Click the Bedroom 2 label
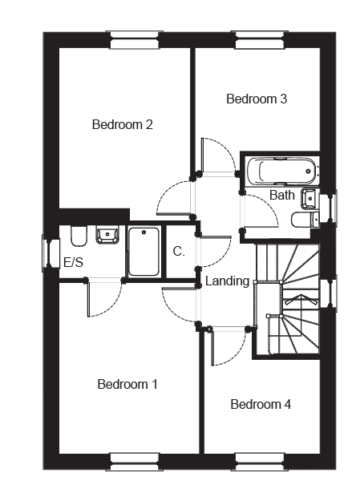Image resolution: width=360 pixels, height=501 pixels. tap(122, 124)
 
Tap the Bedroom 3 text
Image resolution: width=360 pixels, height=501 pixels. tap(257, 99)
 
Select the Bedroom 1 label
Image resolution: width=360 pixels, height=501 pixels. tap(127, 384)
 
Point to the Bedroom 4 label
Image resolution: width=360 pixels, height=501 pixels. tap(261, 404)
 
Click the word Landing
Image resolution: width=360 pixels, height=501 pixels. tap(227, 281)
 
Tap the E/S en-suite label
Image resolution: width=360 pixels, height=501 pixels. tap(73, 262)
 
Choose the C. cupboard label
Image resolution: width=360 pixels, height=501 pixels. tap(179, 252)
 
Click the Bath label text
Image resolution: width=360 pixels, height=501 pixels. tap(281, 195)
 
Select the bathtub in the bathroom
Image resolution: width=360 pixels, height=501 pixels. tap(281, 172)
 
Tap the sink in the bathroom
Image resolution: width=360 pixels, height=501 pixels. tap(308, 199)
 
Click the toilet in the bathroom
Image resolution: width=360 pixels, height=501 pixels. tap(305, 220)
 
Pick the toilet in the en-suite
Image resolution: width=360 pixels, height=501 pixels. tap(79, 236)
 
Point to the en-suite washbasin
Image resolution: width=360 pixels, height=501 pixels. tap(107, 235)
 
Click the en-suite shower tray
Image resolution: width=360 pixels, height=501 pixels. tap(144, 252)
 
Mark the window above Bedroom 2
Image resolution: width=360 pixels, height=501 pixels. tap(134, 40)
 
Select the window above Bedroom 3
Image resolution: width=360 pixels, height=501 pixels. tap(260, 40)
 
